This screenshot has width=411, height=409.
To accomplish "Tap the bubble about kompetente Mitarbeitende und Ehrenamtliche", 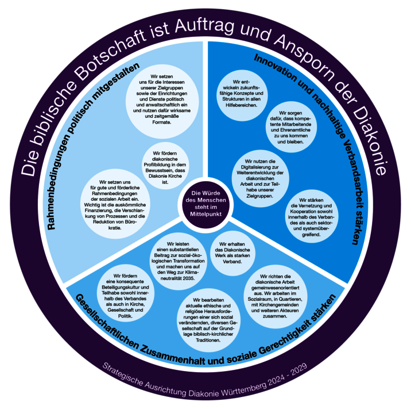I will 290,128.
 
